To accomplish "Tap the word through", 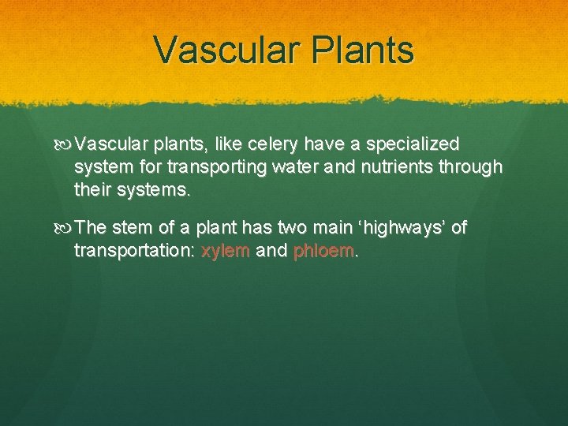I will tap(471, 167).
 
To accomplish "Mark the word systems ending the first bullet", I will tap(157, 190).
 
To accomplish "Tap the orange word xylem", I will tap(226, 251).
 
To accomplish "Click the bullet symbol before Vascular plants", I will tap(65, 145).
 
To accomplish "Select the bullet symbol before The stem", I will tap(65, 229).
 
